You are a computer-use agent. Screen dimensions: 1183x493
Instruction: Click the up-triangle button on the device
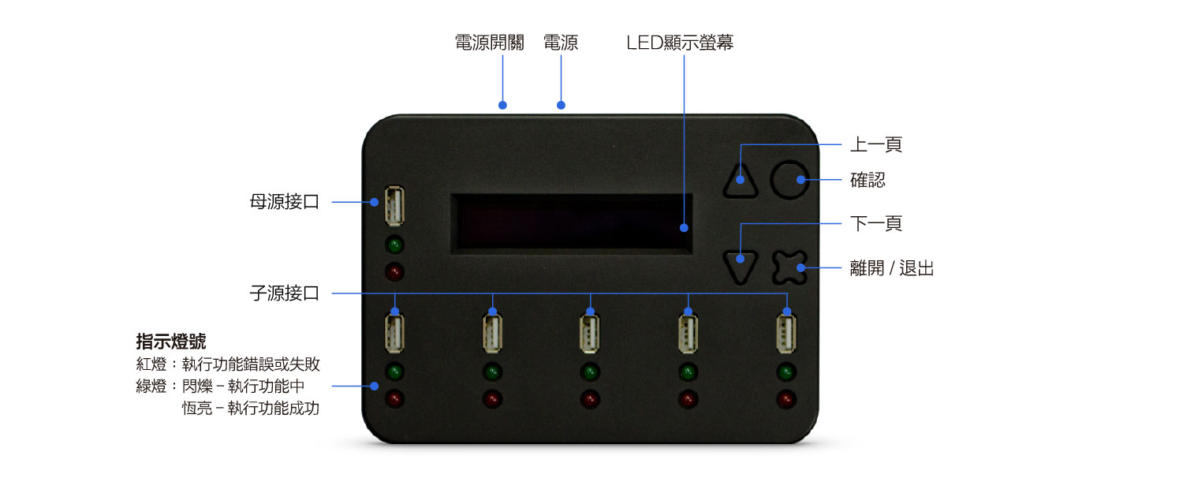click(741, 181)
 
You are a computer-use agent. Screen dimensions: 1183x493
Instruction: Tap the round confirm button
click(789, 180)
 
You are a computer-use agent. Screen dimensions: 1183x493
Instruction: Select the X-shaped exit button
click(789, 267)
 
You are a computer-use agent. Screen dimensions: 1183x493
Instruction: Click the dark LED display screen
click(572, 224)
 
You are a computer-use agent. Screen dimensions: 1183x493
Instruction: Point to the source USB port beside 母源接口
click(394, 206)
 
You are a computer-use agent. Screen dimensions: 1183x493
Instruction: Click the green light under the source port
click(394, 245)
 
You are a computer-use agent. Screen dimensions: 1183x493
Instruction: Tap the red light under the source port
click(394, 272)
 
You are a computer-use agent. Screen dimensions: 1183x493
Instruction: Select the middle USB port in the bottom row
click(590, 334)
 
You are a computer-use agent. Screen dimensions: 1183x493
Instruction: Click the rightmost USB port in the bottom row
click(786, 334)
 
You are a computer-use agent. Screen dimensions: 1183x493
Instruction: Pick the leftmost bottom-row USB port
click(394, 334)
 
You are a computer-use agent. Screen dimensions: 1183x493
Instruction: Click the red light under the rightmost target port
click(786, 399)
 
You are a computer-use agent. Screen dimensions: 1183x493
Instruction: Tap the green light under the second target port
click(492, 372)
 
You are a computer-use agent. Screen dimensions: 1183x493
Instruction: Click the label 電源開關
click(490, 43)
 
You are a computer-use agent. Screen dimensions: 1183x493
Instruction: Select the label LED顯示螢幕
click(680, 43)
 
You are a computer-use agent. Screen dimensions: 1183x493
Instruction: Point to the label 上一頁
click(876, 144)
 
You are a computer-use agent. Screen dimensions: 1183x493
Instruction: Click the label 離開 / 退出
click(892, 268)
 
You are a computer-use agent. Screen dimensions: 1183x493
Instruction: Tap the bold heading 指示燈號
click(171, 342)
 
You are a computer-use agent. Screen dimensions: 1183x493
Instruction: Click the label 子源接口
click(285, 293)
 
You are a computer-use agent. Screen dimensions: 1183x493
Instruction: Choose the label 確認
click(868, 180)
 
